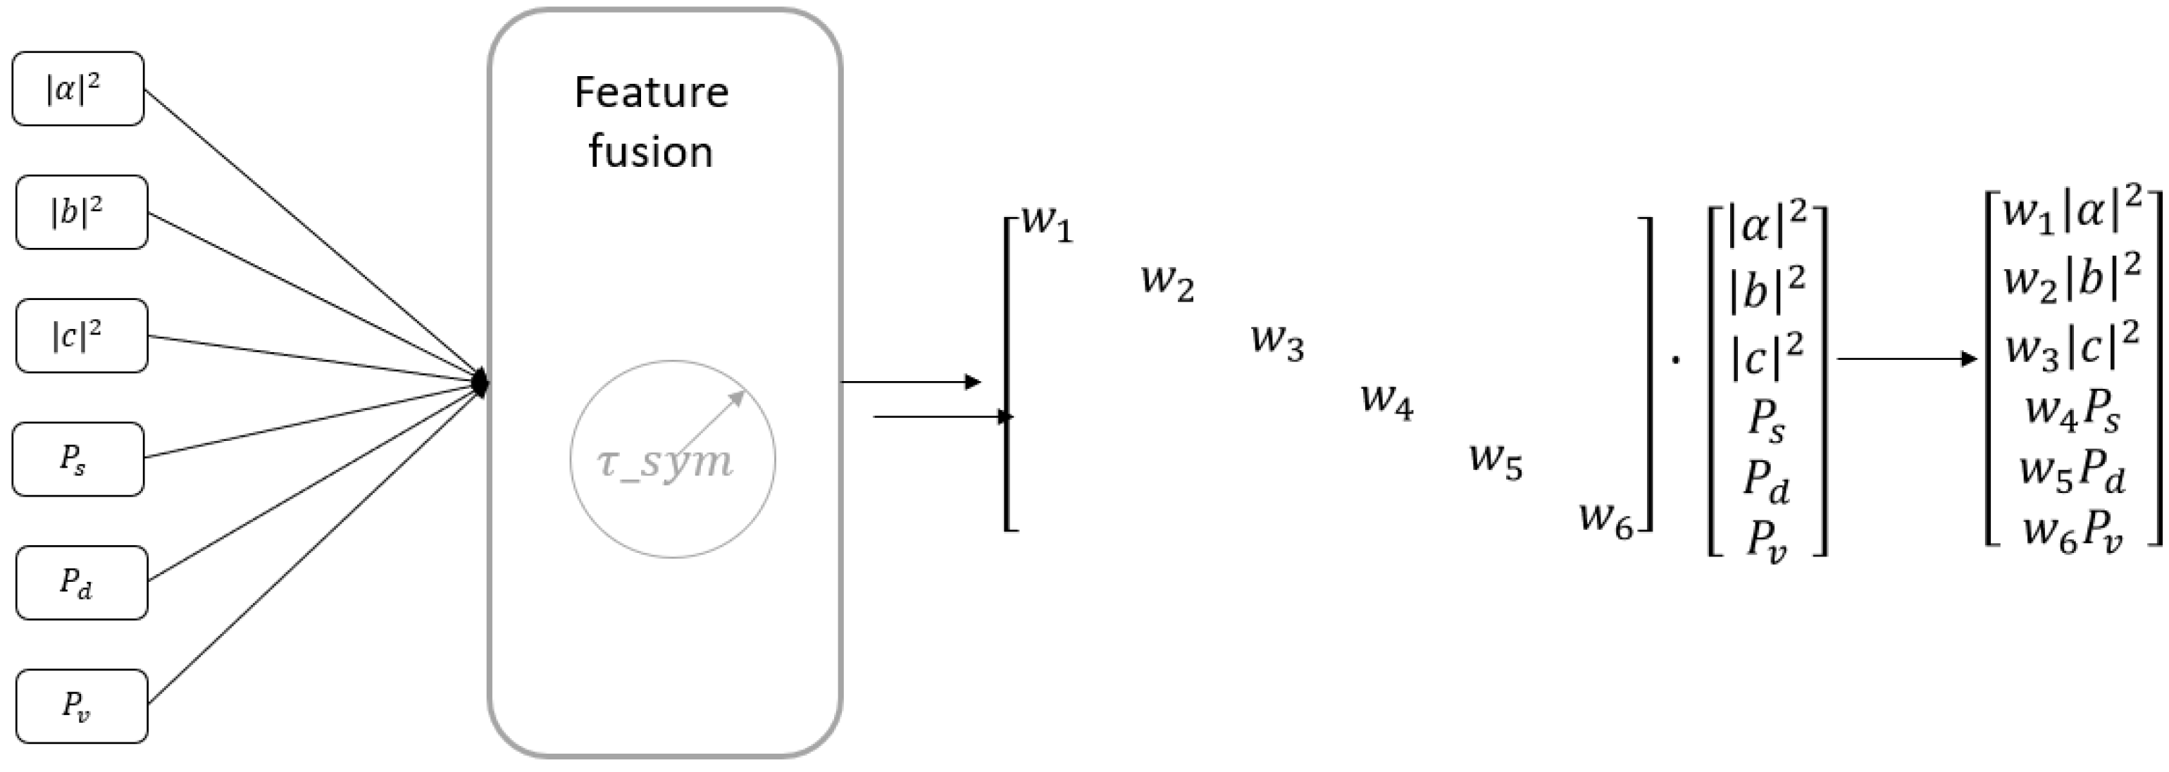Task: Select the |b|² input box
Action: click(x=82, y=212)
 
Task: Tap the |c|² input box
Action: click(x=82, y=335)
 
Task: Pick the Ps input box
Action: click(x=77, y=459)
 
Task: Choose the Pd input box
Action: click(x=82, y=583)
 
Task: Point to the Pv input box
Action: click(x=82, y=706)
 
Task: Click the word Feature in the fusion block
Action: click(x=651, y=92)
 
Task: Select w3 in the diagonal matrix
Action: click(x=1277, y=342)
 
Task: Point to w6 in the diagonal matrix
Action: click(x=1605, y=518)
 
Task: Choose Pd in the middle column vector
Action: click(x=1765, y=482)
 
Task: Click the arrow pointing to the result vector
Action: click(x=1906, y=359)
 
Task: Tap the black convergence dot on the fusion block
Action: click(x=480, y=383)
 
